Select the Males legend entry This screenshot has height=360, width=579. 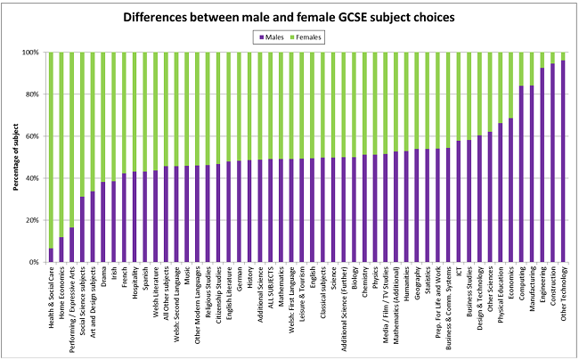tap(274, 37)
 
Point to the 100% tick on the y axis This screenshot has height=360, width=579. tap(33, 53)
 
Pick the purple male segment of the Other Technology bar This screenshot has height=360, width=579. tap(563, 160)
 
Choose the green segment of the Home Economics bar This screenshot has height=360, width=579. tap(61, 143)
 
